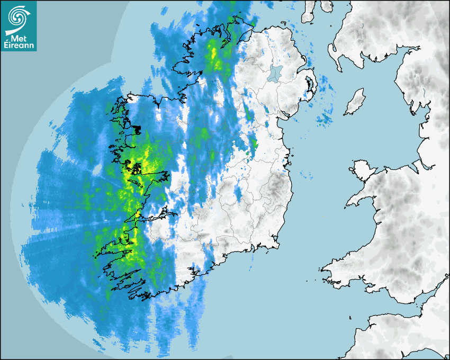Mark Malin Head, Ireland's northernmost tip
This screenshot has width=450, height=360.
click(x=233, y=18)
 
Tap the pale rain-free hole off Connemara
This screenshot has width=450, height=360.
click(x=97, y=169)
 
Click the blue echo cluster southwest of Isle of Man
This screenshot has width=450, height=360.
click(x=323, y=120)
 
